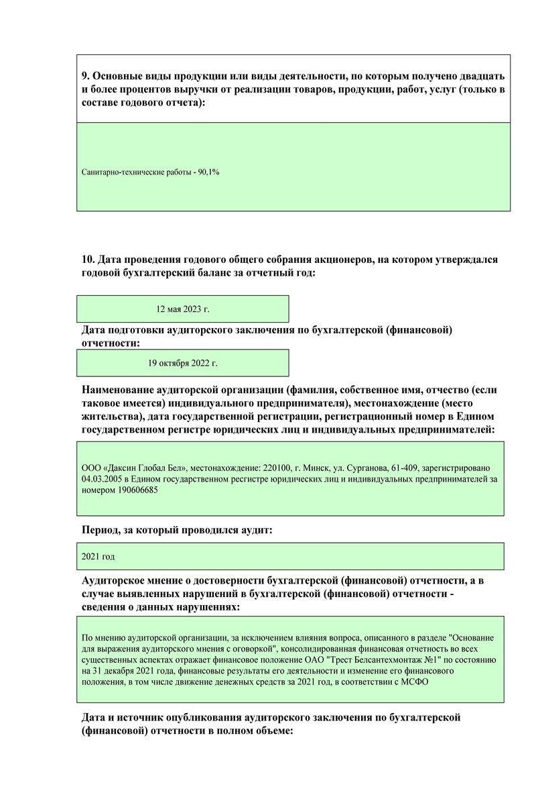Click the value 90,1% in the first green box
pyautogui.click(x=209, y=172)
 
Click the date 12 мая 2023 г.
pyautogui.click(x=183, y=309)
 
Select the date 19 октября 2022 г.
pyautogui.click(x=183, y=363)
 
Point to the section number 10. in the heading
pyautogui.click(x=88, y=260)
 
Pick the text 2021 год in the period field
pyautogui.click(x=98, y=557)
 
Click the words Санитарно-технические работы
pyautogui.click(x=135, y=172)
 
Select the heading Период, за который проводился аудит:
pyautogui.click(x=177, y=530)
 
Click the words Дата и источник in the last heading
pyautogui.click(x=127, y=718)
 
